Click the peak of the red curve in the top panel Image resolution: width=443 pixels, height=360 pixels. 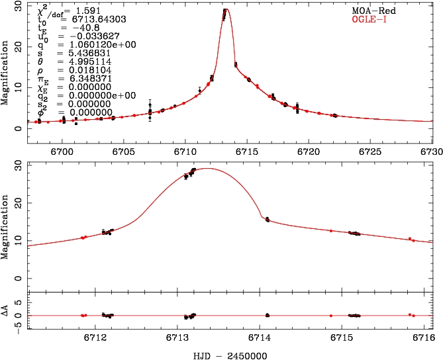[226, 9]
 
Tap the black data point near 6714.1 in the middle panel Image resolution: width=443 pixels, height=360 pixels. [268, 219]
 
